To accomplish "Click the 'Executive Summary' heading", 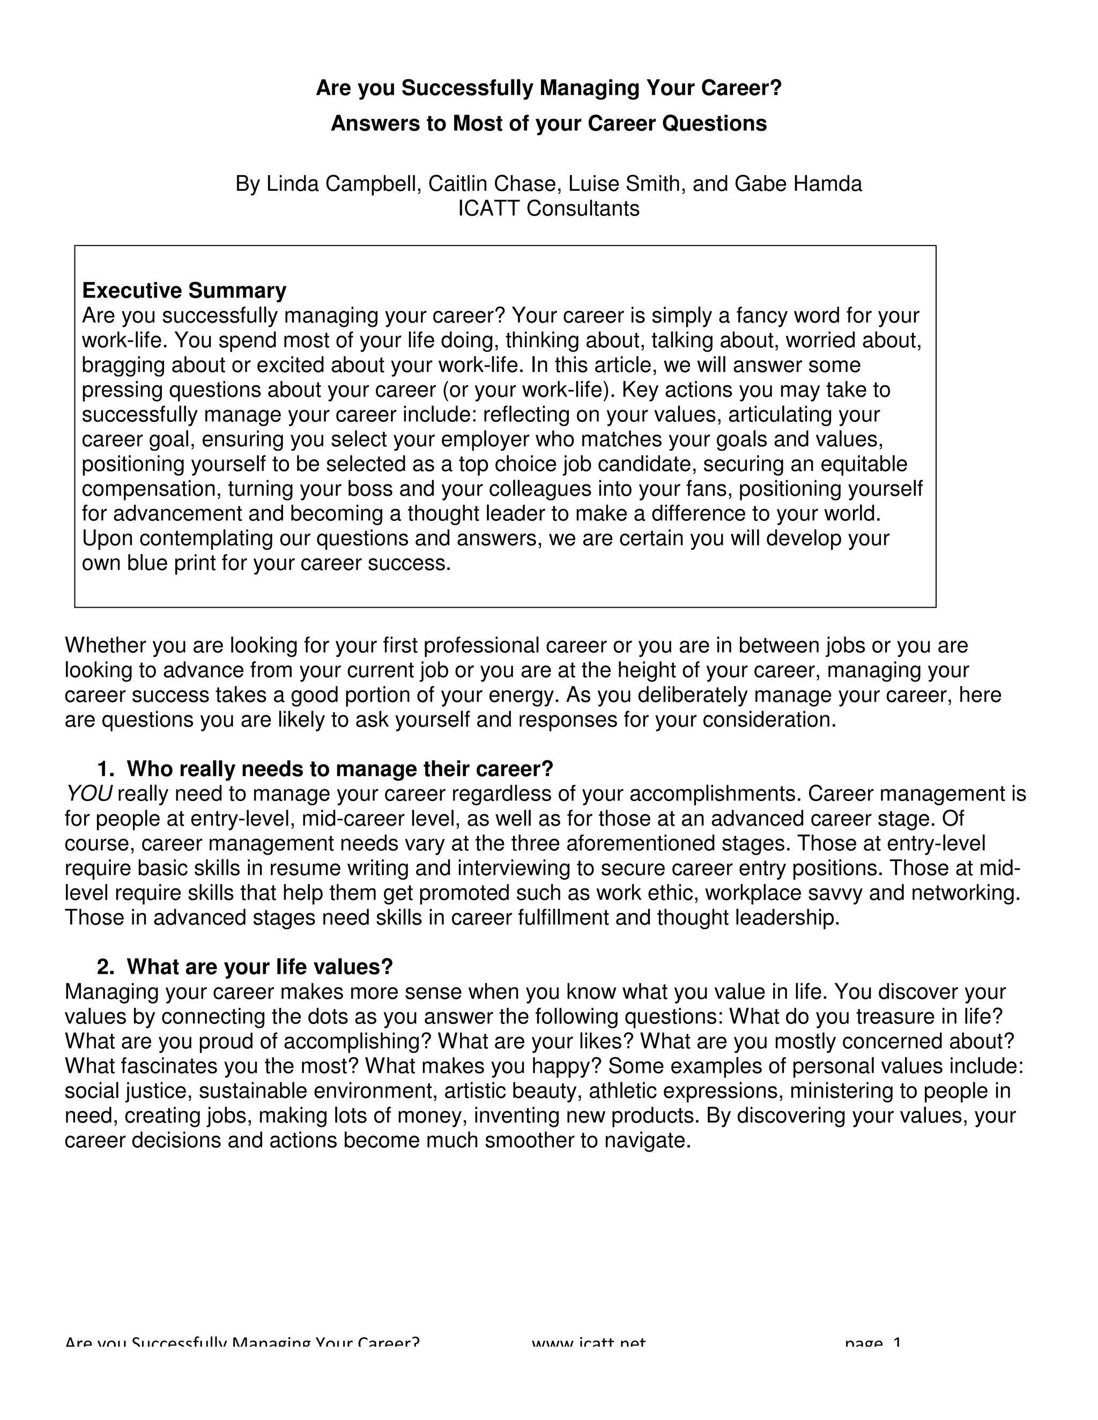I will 184,290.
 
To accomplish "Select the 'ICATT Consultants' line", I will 548,208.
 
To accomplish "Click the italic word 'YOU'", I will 88,794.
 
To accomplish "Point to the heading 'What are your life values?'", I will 259,967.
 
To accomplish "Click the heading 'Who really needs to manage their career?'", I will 339,769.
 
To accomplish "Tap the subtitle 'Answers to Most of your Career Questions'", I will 548,124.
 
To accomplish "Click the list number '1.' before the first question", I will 106,769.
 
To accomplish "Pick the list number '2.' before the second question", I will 106,967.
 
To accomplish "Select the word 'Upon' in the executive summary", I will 107,539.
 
